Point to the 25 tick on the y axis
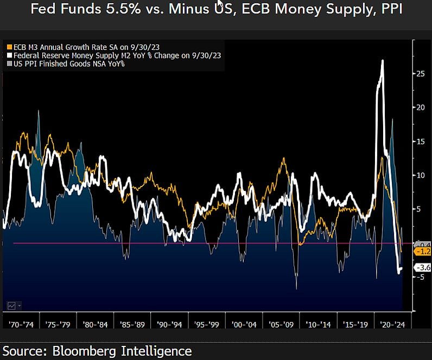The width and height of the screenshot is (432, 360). [420, 73]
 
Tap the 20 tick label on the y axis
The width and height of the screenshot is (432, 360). [420, 107]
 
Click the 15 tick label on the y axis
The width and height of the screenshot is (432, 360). [420, 141]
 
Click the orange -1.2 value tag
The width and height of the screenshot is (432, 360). [422, 252]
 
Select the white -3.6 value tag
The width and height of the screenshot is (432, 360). [422, 267]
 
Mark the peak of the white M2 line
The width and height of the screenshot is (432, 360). [383, 61]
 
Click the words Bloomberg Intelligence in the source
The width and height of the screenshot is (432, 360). [123, 351]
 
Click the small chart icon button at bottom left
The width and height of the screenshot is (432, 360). [11, 305]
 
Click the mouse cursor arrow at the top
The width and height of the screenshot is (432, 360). [220, 3]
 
